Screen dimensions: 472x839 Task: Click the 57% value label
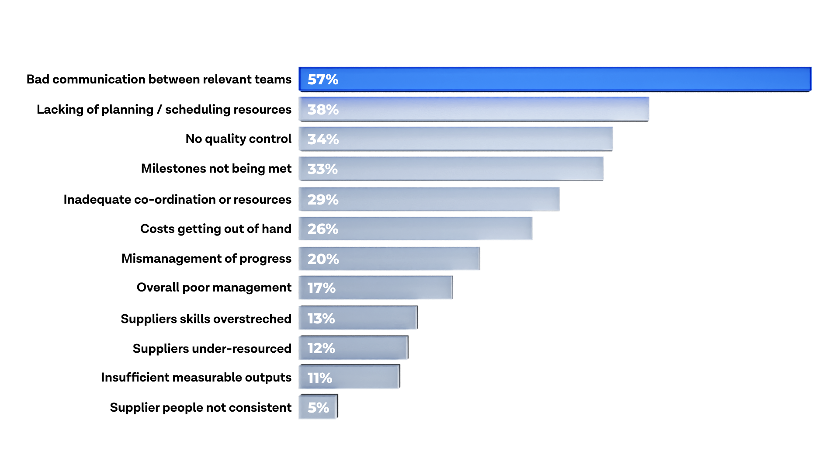click(x=322, y=80)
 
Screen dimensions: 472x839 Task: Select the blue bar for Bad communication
click(x=555, y=79)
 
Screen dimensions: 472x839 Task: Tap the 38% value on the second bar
click(x=322, y=109)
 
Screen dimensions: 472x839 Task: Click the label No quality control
click(x=238, y=139)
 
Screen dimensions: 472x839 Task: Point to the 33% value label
click(x=322, y=169)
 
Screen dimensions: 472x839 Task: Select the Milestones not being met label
click(x=216, y=169)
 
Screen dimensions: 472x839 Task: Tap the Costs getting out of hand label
click(x=215, y=229)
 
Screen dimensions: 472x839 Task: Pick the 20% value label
click(x=323, y=259)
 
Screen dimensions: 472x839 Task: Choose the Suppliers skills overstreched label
click(x=206, y=319)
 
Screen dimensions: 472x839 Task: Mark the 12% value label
click(x=321, y=348)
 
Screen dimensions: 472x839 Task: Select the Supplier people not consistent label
click(x=200, y=407)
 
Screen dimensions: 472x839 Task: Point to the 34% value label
click(x=322, y=139)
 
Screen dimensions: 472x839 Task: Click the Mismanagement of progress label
click(x=206, y=259)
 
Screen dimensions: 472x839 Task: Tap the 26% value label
click(x=322, y=229)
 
